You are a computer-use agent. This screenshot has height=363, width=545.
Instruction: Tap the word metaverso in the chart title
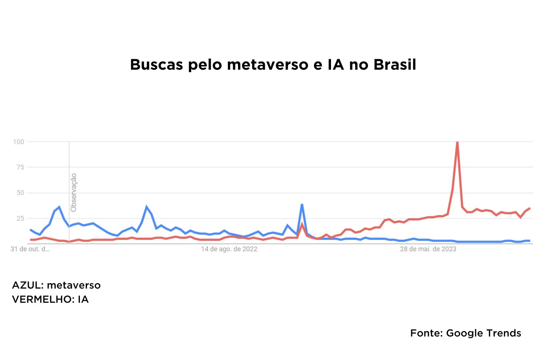(267, 65)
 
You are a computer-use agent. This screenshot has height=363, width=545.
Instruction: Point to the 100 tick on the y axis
(18, 142)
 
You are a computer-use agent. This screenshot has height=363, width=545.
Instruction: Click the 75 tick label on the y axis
(20, 167)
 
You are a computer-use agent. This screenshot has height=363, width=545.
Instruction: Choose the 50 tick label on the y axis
(20, 193)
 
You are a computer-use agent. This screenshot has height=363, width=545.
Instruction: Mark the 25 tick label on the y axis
(20, 219)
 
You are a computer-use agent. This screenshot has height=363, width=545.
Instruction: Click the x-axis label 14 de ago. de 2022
(229, 249)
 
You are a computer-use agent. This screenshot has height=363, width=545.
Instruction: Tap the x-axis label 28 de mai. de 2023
(428, 249)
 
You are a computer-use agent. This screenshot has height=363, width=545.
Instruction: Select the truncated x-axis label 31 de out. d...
(30, 249)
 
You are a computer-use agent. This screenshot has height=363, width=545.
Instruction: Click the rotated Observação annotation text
(73, 192)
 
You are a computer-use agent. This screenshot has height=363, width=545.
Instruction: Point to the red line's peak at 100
(457, 142)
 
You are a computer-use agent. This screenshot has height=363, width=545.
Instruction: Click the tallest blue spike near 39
(302, 205)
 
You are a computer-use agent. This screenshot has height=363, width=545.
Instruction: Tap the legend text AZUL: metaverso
(56, 285)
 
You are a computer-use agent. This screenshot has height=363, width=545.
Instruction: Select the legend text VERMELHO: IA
(50, 299)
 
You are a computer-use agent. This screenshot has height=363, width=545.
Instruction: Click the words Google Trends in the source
(483, 333)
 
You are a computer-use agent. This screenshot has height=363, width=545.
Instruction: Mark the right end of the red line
(529, 208)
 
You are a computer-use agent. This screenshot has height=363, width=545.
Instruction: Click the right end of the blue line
(529, 241)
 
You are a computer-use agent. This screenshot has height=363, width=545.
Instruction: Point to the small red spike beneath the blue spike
(302, 224)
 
